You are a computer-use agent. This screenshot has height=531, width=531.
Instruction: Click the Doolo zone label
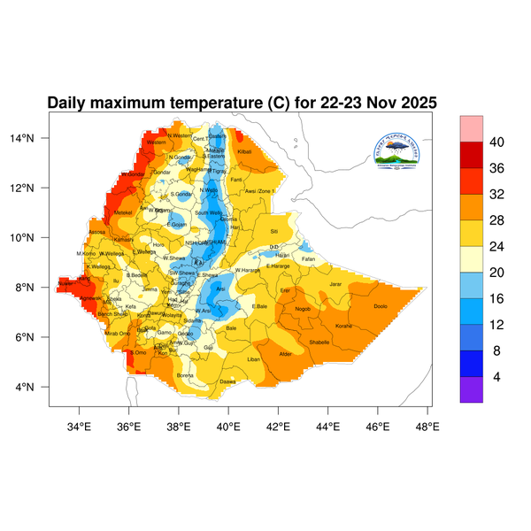point(381,306)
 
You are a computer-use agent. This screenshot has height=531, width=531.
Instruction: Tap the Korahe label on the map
point(344,326)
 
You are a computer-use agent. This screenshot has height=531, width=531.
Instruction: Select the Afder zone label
point(286,354)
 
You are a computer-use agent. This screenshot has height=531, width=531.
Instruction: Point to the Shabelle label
point(319,342)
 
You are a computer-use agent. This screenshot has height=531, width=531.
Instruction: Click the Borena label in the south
point(186,375)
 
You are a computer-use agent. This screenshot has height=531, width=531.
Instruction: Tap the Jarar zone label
point(335,284)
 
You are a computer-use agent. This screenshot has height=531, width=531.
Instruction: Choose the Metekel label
point(123,212)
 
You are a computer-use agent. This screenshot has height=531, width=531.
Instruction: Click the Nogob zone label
point(303,309)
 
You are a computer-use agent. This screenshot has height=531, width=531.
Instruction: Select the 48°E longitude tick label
point(427,427)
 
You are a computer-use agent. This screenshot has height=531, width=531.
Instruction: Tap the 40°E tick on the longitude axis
point(228,427)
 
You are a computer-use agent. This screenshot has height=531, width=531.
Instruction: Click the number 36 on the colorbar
point(497,168)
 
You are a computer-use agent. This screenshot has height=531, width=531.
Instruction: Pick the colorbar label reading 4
point(497,376)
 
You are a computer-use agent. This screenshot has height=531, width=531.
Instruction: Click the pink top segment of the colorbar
point(471,128)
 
